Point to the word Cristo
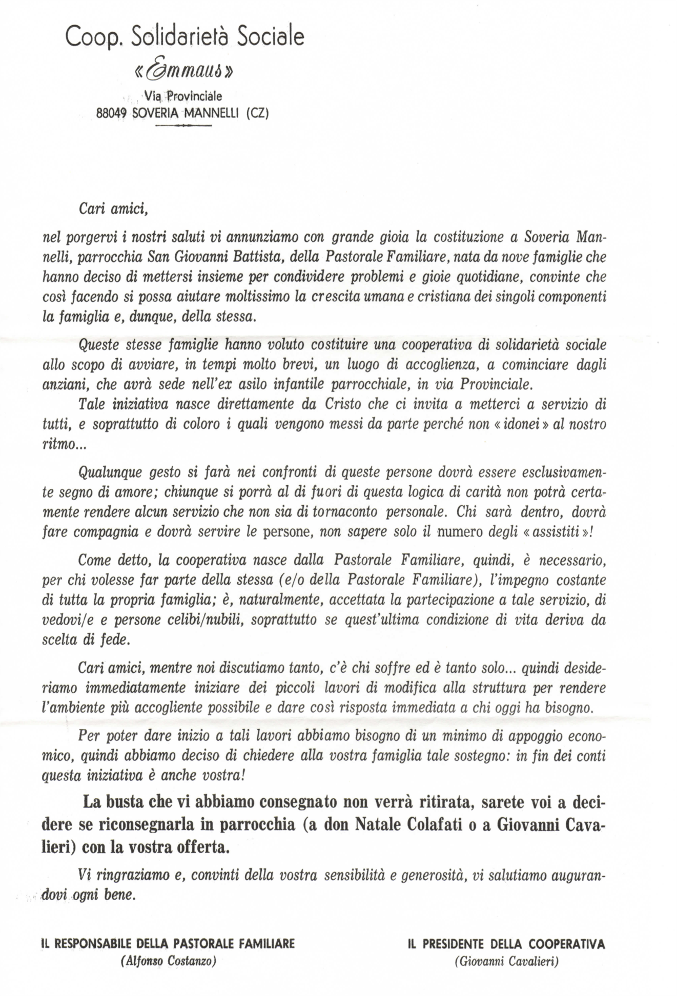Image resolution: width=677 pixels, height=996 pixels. tap(343, 404)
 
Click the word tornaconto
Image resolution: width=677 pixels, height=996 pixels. tap(345, 512)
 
